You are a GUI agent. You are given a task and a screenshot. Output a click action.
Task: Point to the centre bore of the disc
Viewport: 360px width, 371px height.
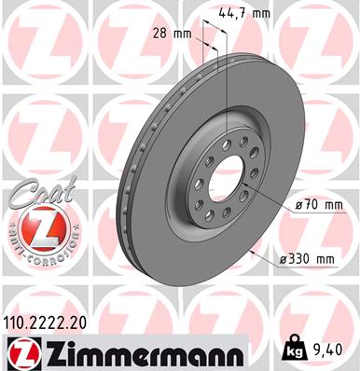pos(224,167)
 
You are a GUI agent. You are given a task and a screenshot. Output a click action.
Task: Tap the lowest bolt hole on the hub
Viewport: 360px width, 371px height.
pos(220,206)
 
